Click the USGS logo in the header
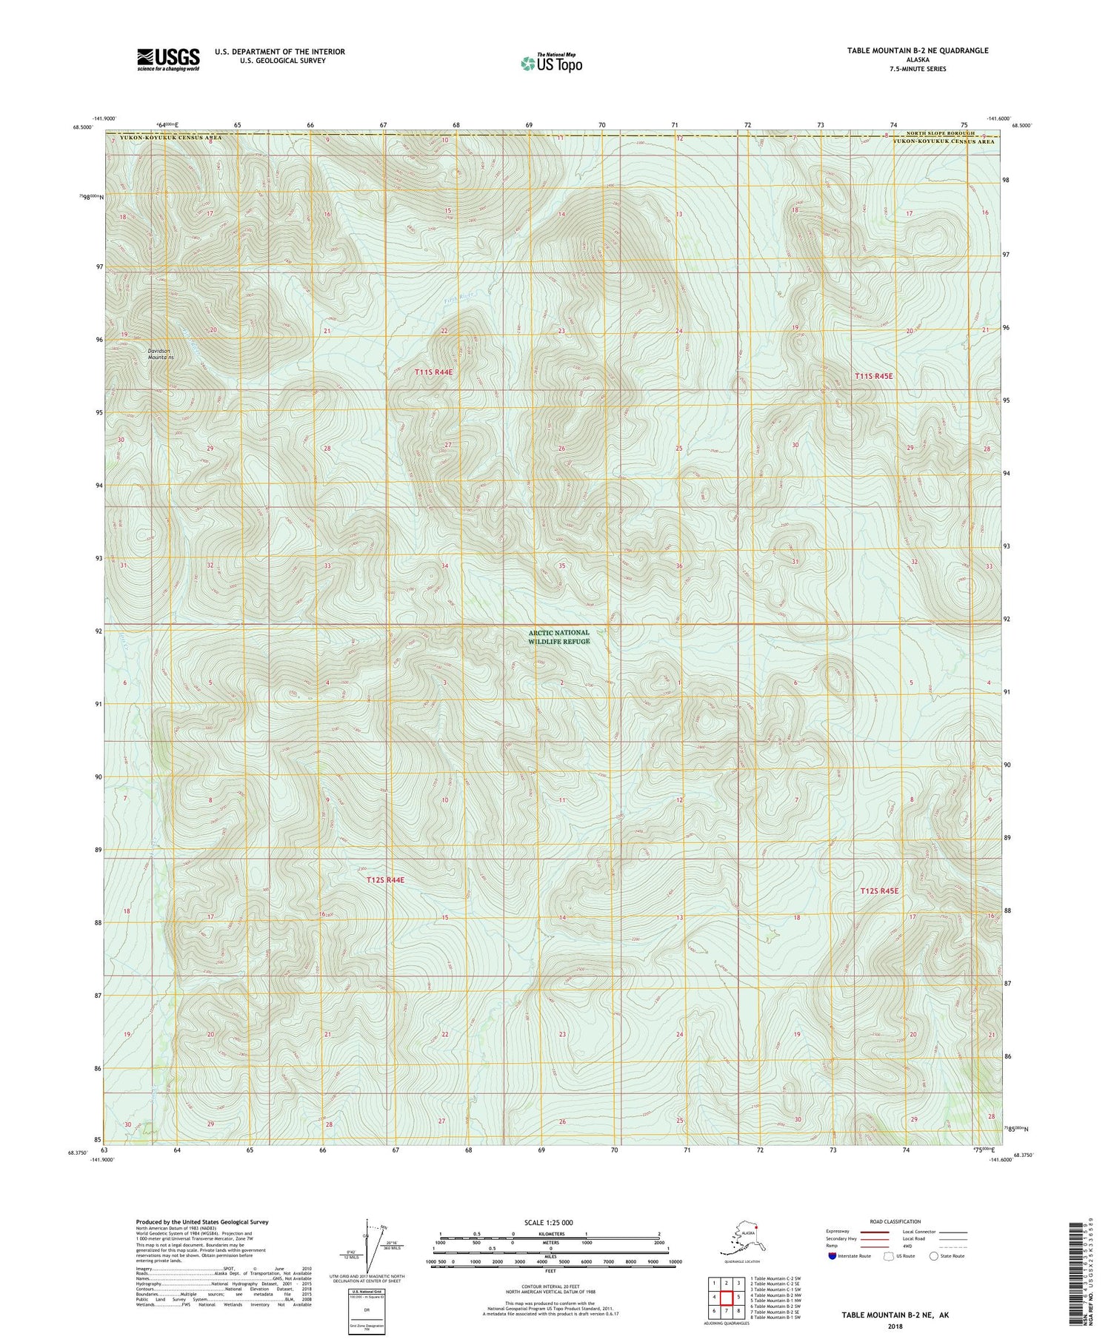point(168,59)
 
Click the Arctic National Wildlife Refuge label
point(559,637)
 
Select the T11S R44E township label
point(433,372)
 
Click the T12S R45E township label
point(879,890)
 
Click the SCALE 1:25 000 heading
point(548,1222)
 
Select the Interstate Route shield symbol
point(832,1256)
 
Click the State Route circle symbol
point(933,1256)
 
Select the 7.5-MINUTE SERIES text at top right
point(918,69)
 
